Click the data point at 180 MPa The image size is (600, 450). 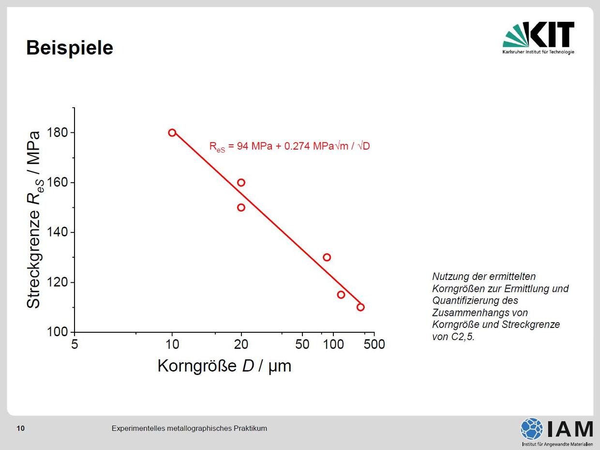pyautogui.click(x=172, y=129)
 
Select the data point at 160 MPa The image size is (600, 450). pyautogui.click(x=241, y=179)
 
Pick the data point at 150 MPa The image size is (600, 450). pyautogui.click(x=241, y=204)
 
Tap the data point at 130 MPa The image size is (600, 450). pyautogui.click(x=327, y=254)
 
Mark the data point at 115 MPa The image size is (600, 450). pyautogui.click(x=341, y=291)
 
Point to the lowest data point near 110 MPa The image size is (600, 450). pyautogui.click(x=360, y=304)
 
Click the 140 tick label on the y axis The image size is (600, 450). pyautogui.click(x=57, y=232)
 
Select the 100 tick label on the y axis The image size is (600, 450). pyautogui.click(x=57, y=332)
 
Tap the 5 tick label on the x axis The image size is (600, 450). pyautogui.click(x=75, y=344)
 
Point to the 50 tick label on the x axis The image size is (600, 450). pyautogui.click(x=302, y=344)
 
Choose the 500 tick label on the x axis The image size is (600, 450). pyautogui.click(x=374, y=344)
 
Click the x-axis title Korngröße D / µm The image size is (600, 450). pyautogui.click(x=225, y=366)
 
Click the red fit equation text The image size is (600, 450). pyautogui.click(x=289, y=147)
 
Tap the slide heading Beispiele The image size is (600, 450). pyautogui.click(x=70, y=47)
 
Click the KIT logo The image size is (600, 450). pyautogui.click(x=539, y=38)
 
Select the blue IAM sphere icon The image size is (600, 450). pyautogui.click(x=532, y=429)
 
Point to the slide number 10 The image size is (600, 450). pyautogui.click(x=20, y=428)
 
